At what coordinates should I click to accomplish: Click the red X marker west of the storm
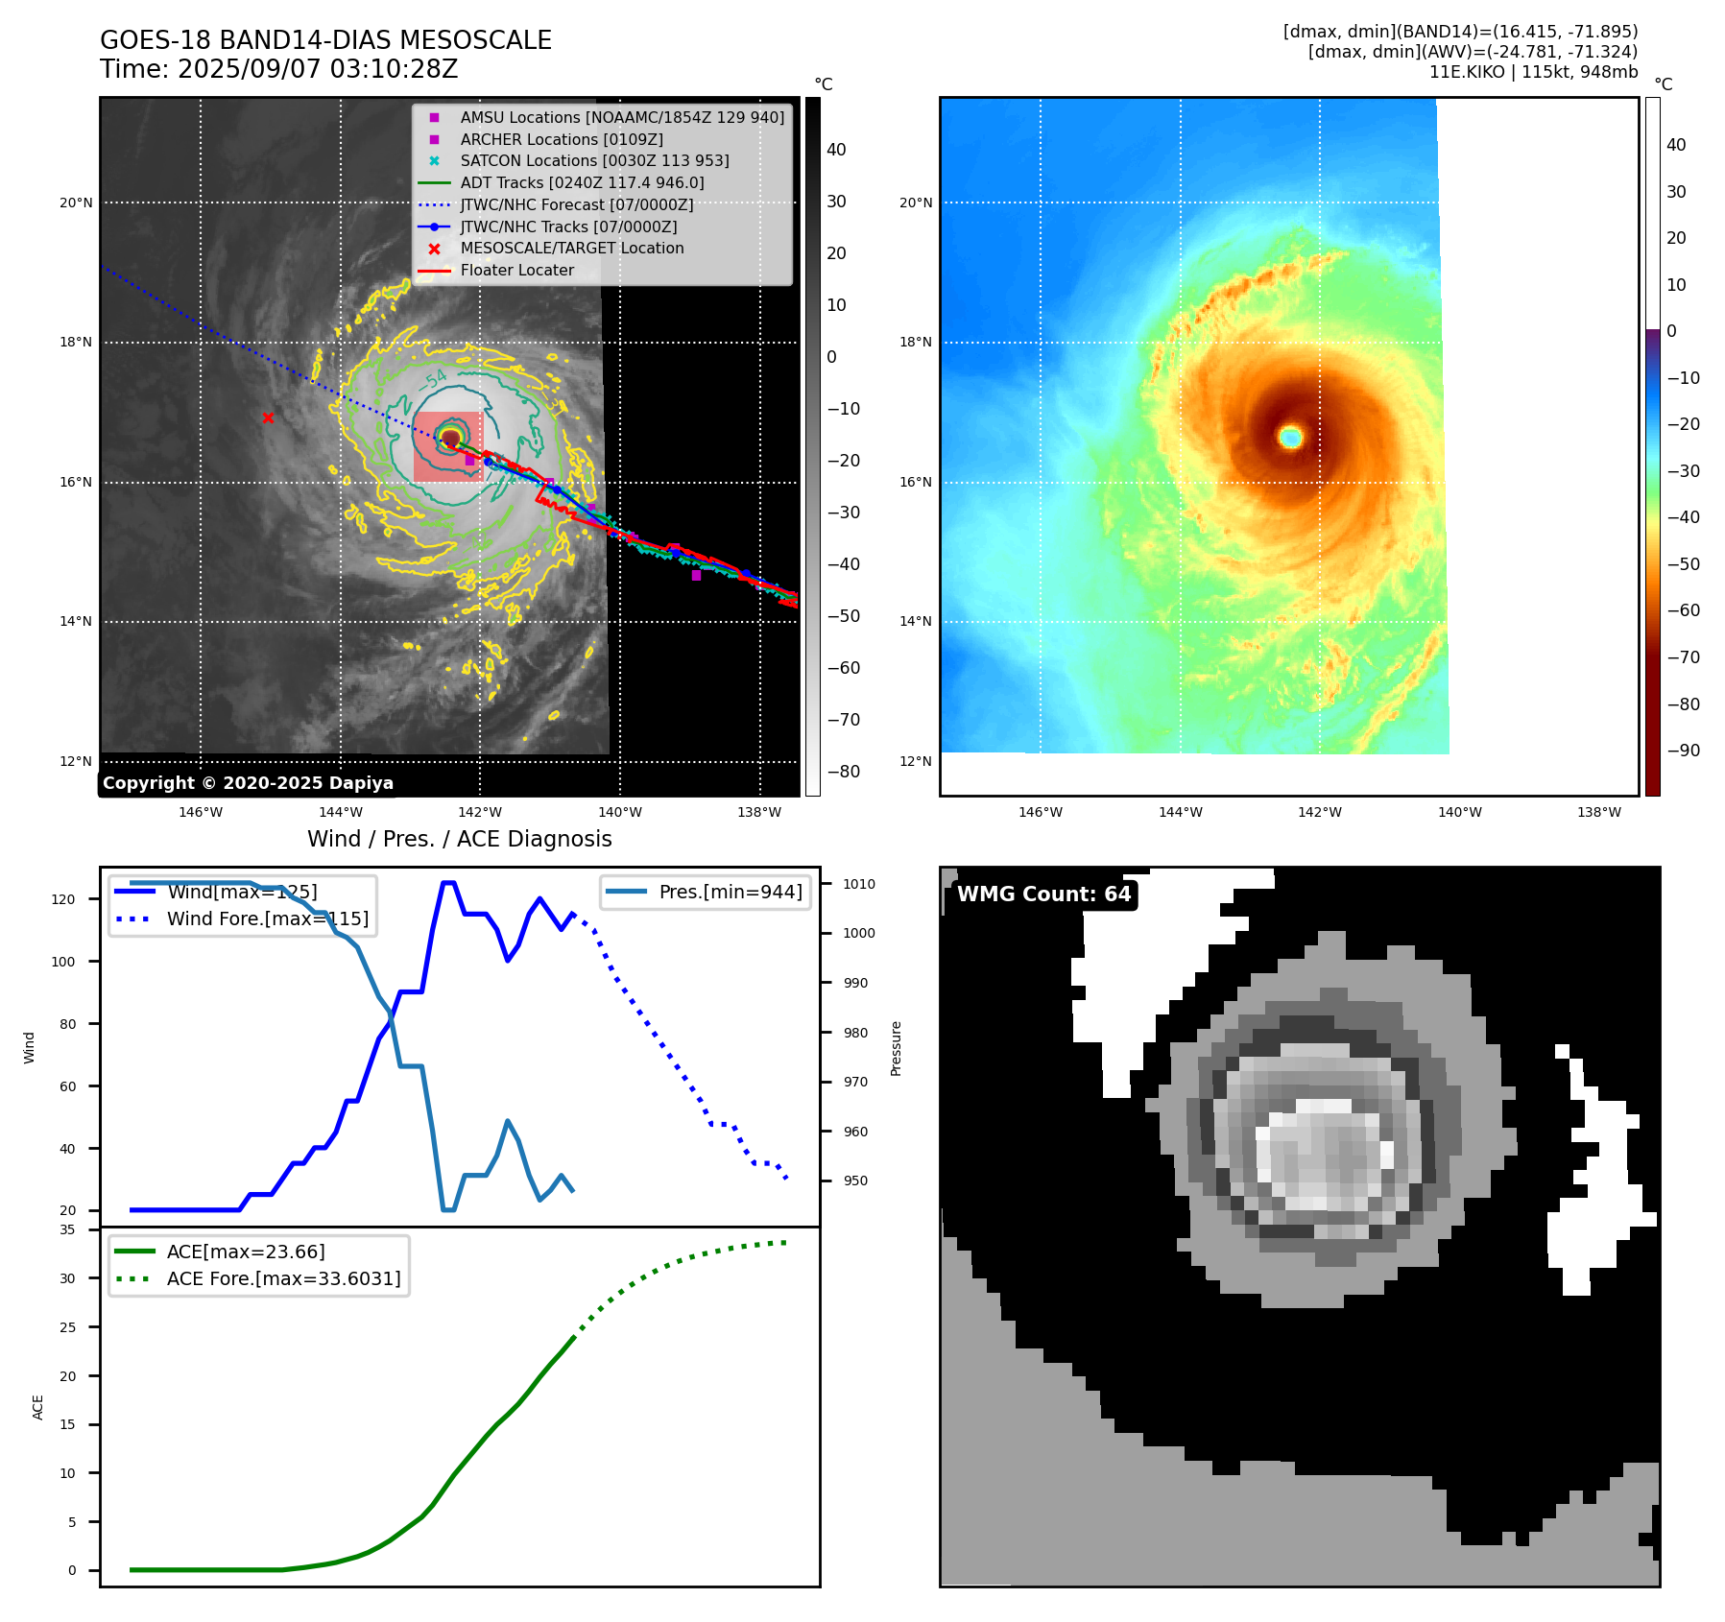point(268,417)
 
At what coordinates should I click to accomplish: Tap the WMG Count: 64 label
point(1043,894)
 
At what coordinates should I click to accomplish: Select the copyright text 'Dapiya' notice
point(248,783)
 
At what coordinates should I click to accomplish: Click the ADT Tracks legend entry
point(582,182)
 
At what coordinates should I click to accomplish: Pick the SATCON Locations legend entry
point(594,160)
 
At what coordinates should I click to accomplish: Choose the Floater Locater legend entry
point(516,270)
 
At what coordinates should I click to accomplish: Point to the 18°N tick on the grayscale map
point(76,343)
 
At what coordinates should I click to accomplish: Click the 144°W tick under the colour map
point(1180,812)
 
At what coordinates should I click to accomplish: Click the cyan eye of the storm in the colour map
point(1290,438)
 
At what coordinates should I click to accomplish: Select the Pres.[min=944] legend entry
point(730,892)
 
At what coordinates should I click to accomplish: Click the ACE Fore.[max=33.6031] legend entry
point(283,1278)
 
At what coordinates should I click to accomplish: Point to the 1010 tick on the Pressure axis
point(859,884)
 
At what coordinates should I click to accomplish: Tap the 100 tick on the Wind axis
point(63,962)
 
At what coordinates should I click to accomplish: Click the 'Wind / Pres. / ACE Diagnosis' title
point(459,839)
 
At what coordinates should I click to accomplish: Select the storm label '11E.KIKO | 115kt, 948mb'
point(1533,72)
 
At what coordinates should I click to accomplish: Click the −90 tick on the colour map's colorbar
point(1683,751)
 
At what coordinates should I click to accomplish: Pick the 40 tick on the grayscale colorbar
point(836,150)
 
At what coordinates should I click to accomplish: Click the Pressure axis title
point(896,1048)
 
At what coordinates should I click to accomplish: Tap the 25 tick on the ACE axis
point(67,1327)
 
